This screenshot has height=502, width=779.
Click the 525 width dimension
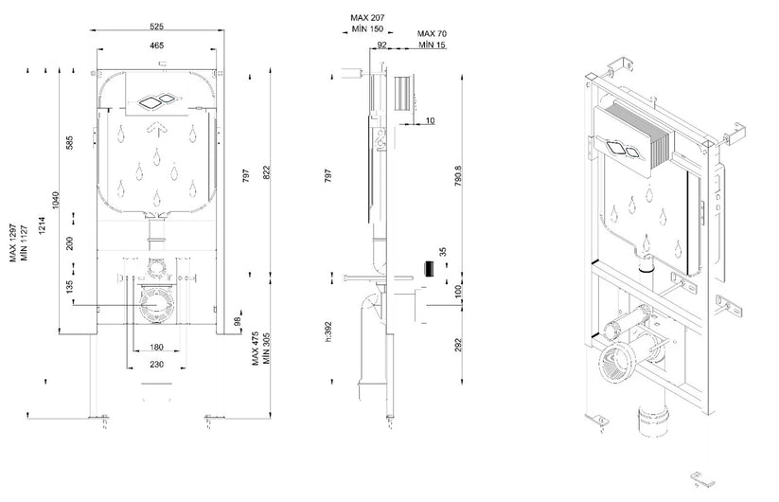159,26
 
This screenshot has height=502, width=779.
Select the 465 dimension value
159,45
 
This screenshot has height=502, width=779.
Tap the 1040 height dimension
56,200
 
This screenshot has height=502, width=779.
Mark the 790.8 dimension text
458,177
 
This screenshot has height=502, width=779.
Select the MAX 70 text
433,34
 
